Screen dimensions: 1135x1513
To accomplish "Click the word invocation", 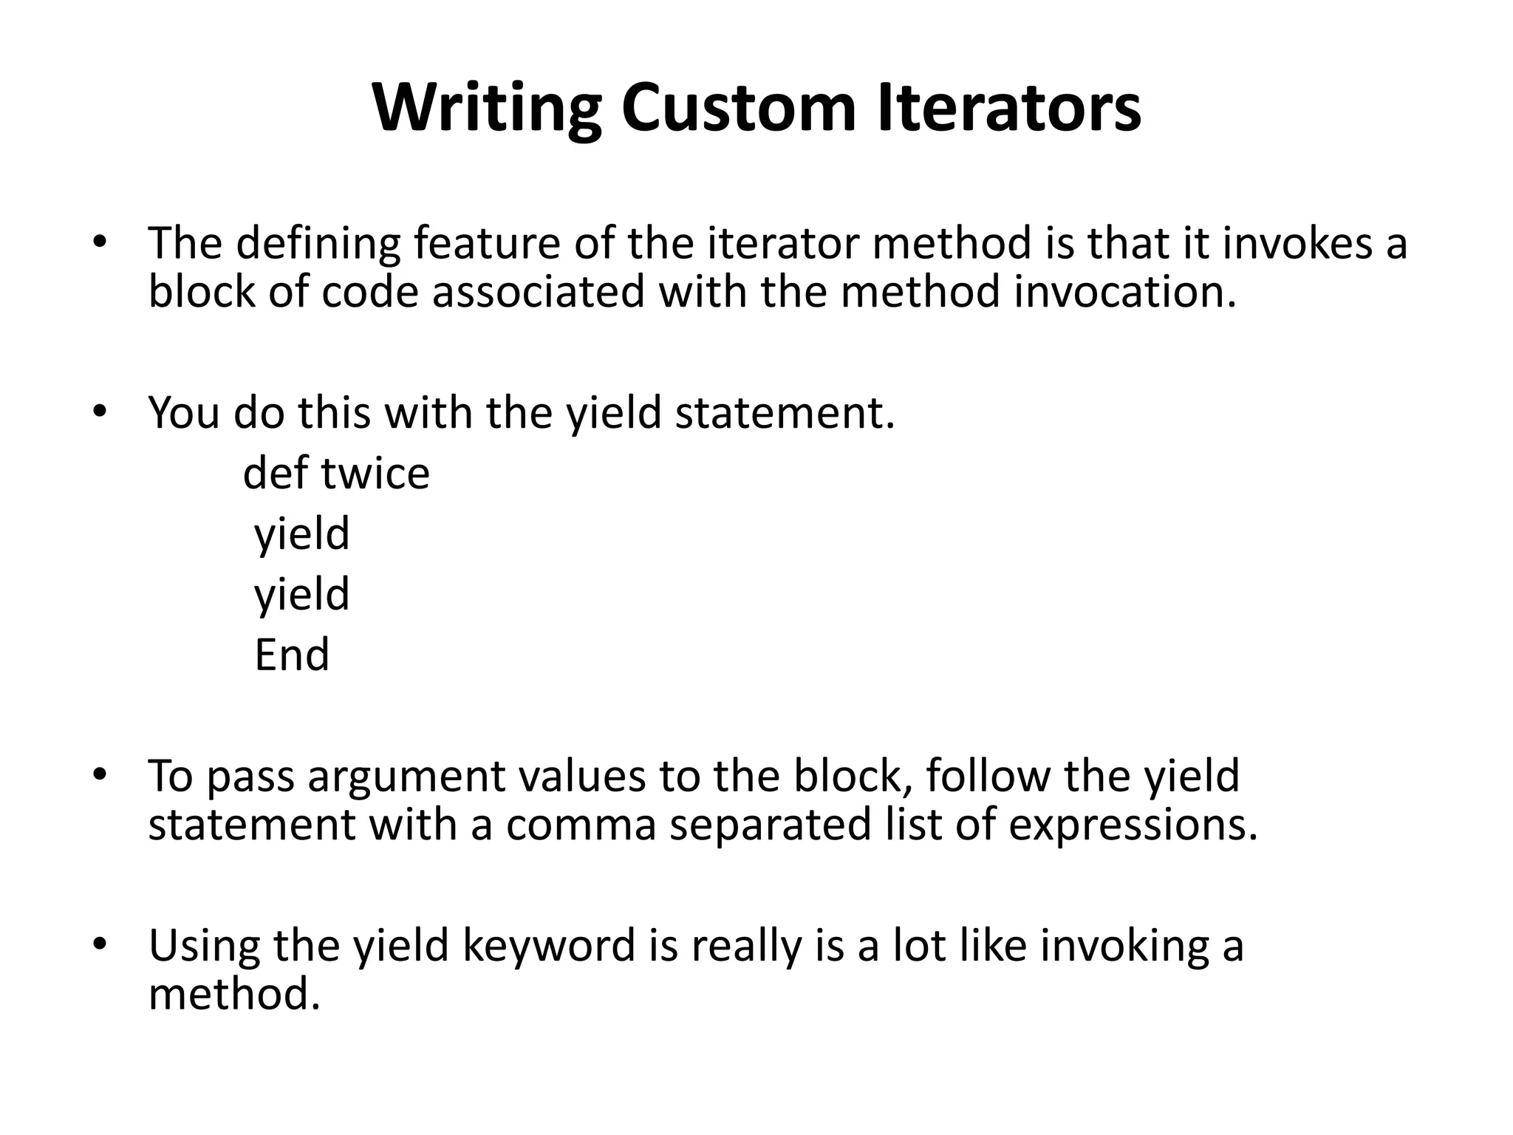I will (x=1125, y=291).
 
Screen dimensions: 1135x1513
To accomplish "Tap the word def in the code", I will (x=276, y=473).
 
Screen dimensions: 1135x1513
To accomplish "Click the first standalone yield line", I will (x=301, y=534).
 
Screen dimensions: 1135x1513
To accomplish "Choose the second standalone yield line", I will (x=301, y=595).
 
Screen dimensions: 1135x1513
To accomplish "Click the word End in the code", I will (x=292, y=655).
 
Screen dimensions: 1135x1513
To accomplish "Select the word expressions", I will (x=1132, y=825).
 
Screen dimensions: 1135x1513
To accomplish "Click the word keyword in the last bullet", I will (x=549, y=946).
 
